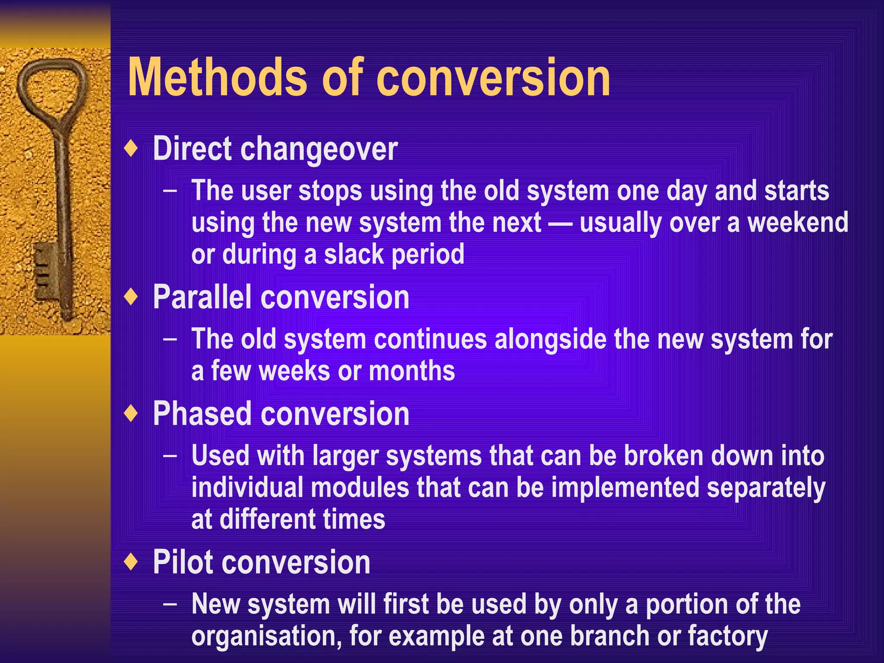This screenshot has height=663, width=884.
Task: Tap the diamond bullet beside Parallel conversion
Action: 131,297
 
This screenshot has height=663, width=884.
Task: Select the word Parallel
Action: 202,297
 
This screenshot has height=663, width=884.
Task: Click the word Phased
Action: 202,414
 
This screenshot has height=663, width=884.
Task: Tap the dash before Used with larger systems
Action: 170,456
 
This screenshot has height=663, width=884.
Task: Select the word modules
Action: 360,488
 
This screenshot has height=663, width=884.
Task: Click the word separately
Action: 766,488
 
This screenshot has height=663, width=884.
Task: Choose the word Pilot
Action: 186,562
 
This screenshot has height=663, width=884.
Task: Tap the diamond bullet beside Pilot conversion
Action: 131,562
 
